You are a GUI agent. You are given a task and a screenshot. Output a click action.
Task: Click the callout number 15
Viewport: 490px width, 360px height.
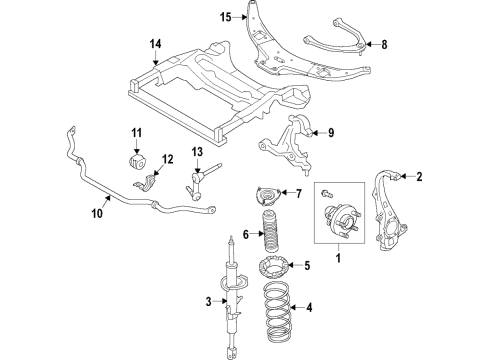coord(226,16)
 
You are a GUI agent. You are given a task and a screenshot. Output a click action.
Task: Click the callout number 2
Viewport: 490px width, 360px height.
coord(420,177)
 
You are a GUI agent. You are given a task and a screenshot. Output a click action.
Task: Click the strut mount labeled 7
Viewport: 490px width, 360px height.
coord(267,195)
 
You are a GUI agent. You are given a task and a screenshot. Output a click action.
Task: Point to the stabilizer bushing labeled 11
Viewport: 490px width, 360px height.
coord(134,162)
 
